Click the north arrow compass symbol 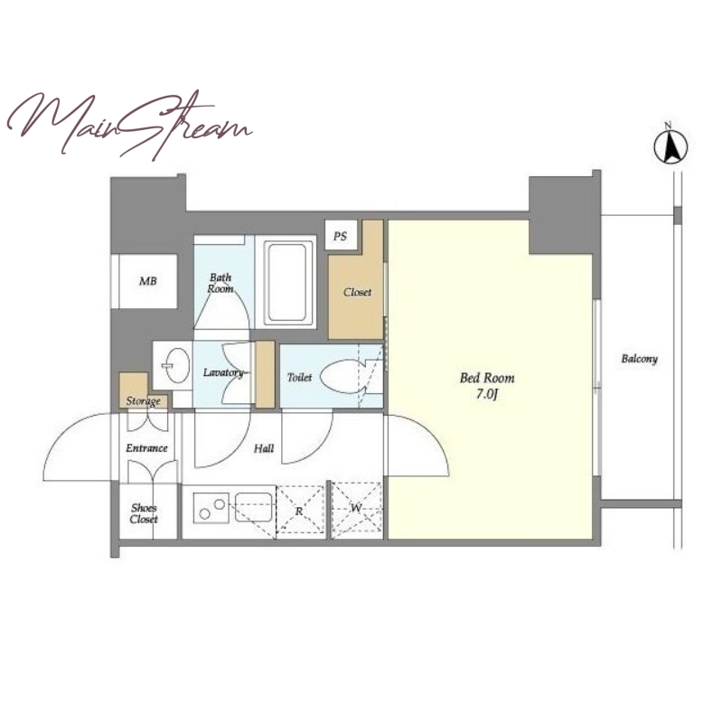point(671,147)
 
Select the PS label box point(341,236)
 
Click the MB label point(148,280)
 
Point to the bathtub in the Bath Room point(286,282)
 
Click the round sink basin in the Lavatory point(177,365)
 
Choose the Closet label point(357,292)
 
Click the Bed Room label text point(487,378)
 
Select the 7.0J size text point(487,395)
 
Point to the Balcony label point(639,359)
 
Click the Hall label point(264,448)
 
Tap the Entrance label point(146,448)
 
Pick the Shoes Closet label point(144,513)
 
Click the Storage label point(144,401)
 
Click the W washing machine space point(356,509)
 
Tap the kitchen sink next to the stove point(254,507)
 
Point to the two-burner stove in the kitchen point(211,508)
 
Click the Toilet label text point(300,377)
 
